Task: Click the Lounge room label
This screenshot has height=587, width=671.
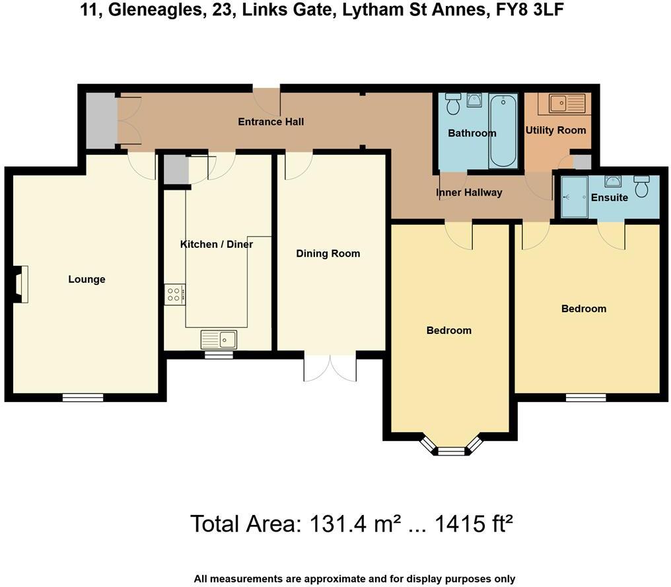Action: (x=87, y=280)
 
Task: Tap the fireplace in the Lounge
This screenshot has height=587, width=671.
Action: (x=20, y=284)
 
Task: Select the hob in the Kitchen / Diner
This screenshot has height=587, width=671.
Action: (x=174, y=293)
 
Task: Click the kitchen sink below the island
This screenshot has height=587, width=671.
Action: (x=219, y=339)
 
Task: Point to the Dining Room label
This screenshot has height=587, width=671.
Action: (x=328, y=254)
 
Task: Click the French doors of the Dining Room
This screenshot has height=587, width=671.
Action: (x=330, y=368)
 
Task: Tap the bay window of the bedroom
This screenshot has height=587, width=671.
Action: (x=451, y=449)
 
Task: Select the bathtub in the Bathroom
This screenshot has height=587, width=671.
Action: (x=504, y=130)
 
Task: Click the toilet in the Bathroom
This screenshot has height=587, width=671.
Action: (x=453, y=104)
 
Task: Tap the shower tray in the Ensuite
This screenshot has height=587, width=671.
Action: (x=573, y=196)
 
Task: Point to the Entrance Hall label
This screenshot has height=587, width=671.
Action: (x=271, y=122)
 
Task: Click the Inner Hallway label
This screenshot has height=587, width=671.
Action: (x=469, y=193)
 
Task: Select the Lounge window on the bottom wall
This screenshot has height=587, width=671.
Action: (x=83, y=397)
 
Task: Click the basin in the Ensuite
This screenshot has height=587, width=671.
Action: (x=612, y=181)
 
